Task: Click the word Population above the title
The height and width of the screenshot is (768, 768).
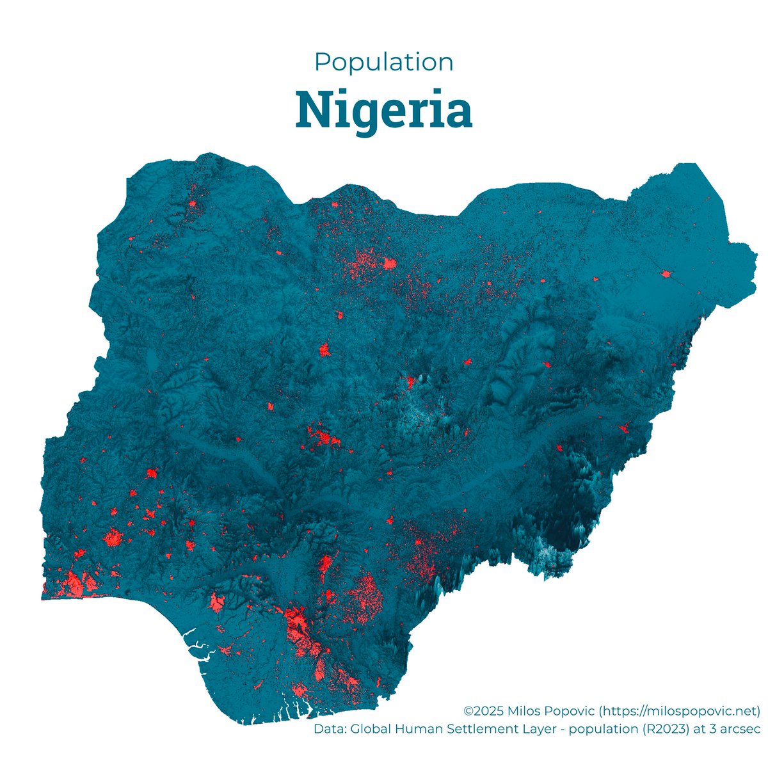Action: (x=384, y=62)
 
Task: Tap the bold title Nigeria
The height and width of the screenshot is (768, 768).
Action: (x=384, y=109)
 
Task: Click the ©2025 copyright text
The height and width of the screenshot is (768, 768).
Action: (x=484, y=710)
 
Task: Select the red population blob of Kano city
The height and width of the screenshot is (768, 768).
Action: (x=389, y=263)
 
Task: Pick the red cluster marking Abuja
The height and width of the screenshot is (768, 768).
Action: (x=323, y=438)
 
